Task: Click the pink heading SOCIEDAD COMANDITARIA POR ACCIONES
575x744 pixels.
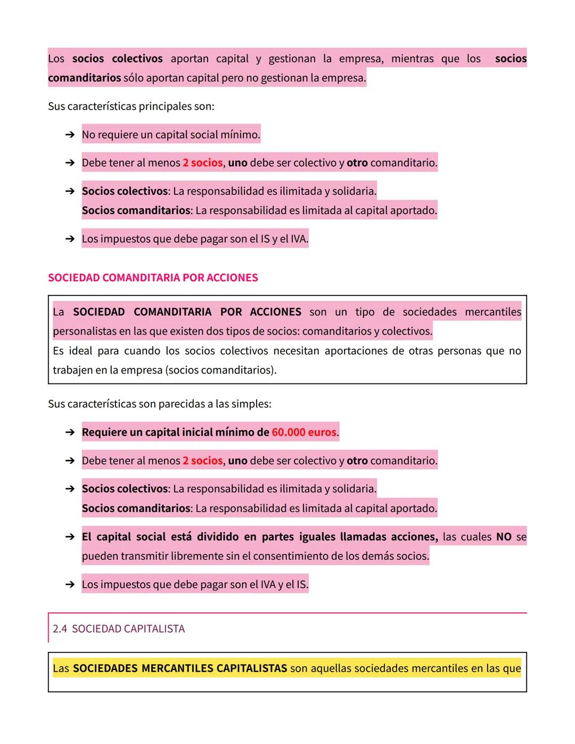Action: point(153,277)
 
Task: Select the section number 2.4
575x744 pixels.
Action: point(60,629)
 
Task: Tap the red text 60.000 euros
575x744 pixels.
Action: point(304,432)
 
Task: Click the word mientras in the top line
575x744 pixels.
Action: point(412,59)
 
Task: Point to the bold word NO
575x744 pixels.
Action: point(504,537)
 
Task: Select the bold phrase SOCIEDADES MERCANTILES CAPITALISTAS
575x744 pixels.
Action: point(180,668)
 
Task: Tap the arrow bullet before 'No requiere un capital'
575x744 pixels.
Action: point(70,135)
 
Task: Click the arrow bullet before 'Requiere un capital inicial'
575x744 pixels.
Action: point(70,432)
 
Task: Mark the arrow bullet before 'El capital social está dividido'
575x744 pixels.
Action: point(70,537)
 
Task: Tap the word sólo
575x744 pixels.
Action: point(133,78)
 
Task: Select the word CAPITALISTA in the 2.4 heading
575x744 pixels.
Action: point(155,629)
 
